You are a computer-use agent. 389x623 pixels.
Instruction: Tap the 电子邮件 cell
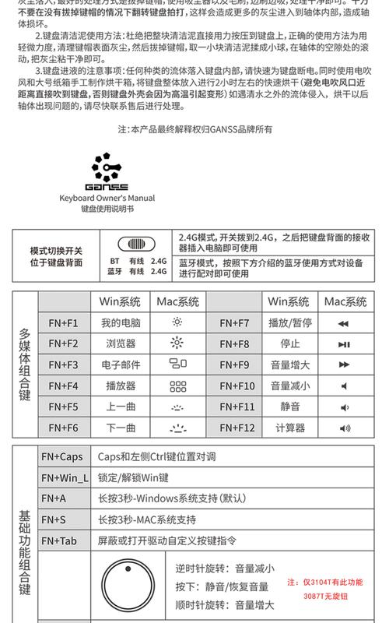121,364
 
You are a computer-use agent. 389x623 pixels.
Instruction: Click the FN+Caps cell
62,457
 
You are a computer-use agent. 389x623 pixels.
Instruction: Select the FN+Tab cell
61,540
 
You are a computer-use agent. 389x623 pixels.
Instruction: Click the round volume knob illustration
128,585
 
